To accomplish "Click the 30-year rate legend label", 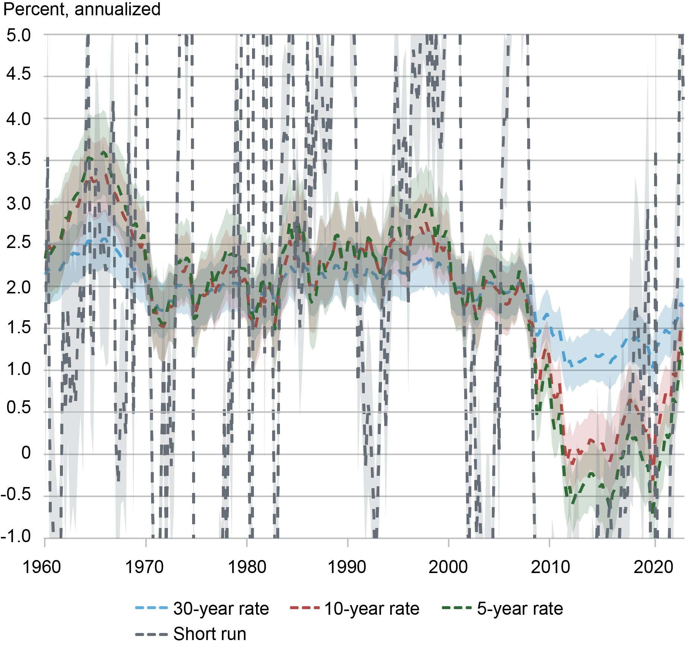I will tap(221, 608).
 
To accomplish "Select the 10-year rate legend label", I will tap(372, 608).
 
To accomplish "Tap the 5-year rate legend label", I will tap(520, 608).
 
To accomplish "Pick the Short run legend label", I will tap(210, 634).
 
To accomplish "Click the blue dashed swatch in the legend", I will tap(152, 608).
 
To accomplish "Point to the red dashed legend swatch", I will tap(305, 608).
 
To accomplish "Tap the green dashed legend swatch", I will tap(457, 608).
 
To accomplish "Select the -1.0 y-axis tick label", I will tap(16, 536).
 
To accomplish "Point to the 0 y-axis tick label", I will tap(26, 453).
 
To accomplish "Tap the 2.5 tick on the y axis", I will tap(19, 242).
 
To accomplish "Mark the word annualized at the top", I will tap(117, 9).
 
